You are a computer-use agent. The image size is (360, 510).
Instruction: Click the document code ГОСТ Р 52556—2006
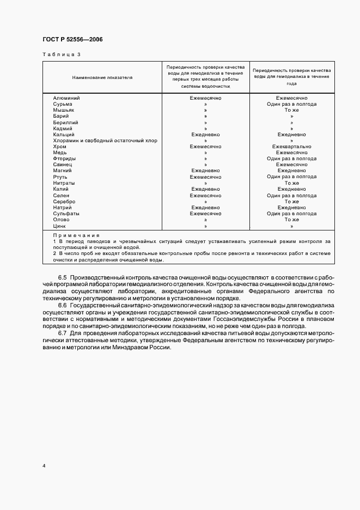72,40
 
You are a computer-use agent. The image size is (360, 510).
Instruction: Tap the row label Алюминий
66,98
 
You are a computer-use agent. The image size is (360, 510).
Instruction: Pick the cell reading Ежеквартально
291,147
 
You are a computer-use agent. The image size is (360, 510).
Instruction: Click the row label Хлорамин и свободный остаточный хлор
105,141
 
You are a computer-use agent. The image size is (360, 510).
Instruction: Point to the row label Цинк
59,226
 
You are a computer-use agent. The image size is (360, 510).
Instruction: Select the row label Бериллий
65,122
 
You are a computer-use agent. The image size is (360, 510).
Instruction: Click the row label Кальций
64,135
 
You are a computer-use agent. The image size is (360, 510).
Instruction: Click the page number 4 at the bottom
43,466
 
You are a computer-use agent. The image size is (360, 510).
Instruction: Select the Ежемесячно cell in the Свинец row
291,165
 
